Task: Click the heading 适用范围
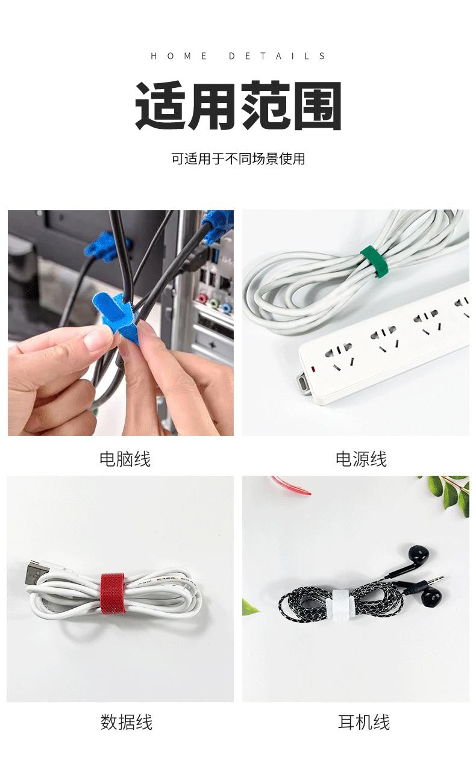(238, 107)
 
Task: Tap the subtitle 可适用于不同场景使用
(238, 159)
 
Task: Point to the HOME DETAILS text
(238, 56)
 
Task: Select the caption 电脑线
(125, 459)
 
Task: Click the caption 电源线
(361, 459)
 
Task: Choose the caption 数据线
(127, 722)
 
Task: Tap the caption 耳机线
(363, 722)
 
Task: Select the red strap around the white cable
(112, 594)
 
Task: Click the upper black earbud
(418, 555)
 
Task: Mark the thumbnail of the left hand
(98, 339)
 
